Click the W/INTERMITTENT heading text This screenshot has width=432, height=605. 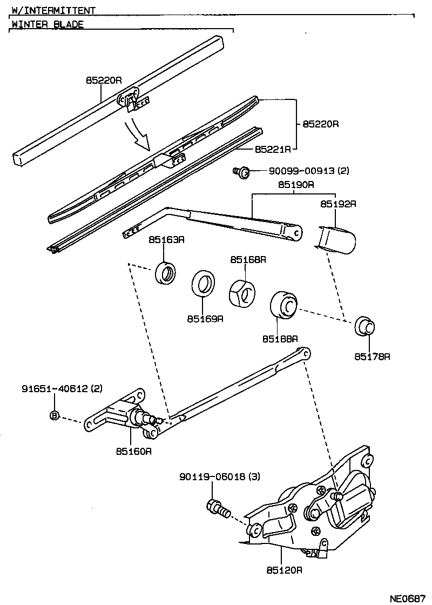(53, 10)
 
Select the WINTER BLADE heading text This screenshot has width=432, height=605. (48, 24)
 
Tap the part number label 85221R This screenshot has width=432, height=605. (273, 148)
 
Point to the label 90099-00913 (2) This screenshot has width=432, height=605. (309, 171)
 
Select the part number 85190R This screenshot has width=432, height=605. (296, 185)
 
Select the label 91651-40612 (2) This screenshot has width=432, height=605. (62, 388)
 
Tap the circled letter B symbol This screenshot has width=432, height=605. (54, 415)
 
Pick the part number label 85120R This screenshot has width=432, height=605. (283, 569)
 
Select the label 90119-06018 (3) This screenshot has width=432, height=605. (220, 477)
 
